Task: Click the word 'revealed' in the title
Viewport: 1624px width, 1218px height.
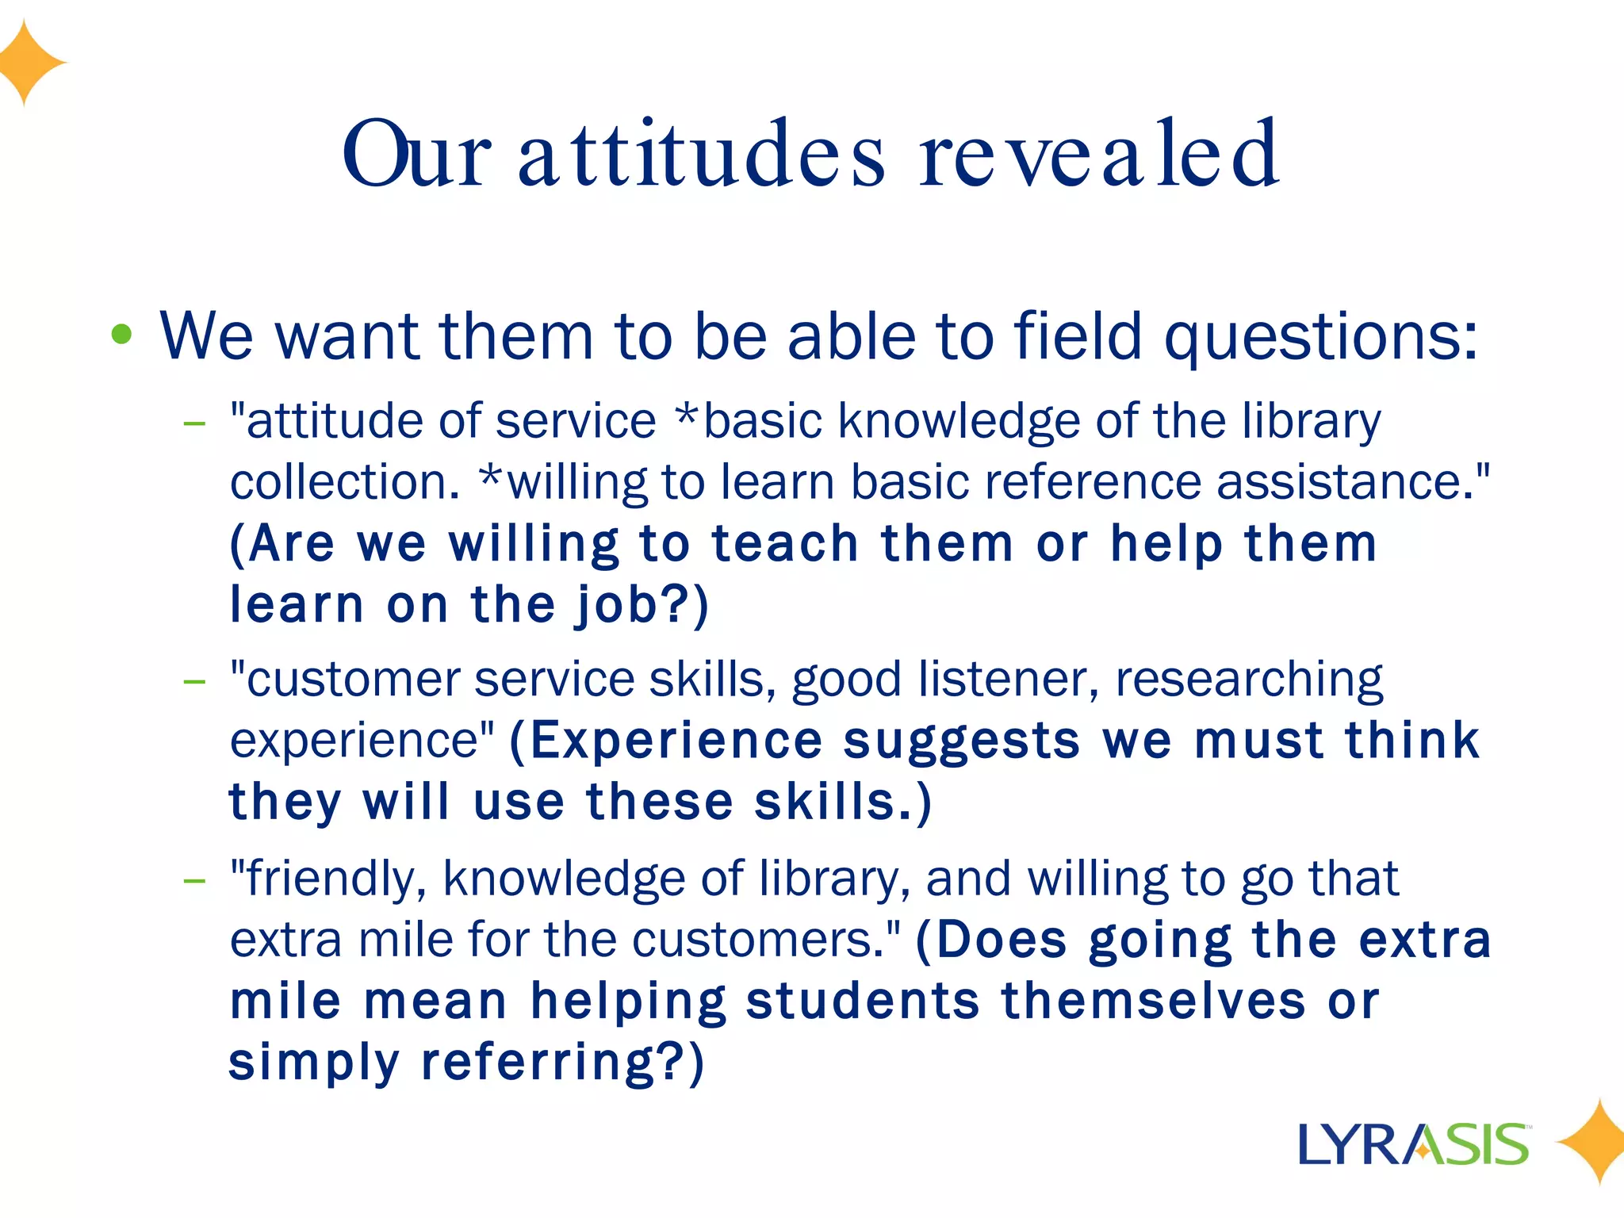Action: pos(1098,155)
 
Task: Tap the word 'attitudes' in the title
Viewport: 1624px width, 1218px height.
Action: pos(701,155)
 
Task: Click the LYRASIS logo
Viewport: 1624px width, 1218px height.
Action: pos(1413,1143)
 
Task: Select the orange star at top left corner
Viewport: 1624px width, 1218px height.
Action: pos(28,62)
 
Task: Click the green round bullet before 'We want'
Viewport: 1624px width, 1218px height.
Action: pos(121,335)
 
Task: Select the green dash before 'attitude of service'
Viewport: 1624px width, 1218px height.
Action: pos(194,423)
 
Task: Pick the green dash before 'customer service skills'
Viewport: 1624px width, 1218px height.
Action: pos(194,681)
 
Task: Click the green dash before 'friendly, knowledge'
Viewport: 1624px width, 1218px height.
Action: pos(194,880)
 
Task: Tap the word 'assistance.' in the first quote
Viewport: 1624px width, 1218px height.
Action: pos(1353,481)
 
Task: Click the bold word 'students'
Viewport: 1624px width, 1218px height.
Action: pos(863,1001)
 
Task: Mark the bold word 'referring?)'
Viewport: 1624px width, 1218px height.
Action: pos(562,1062)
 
